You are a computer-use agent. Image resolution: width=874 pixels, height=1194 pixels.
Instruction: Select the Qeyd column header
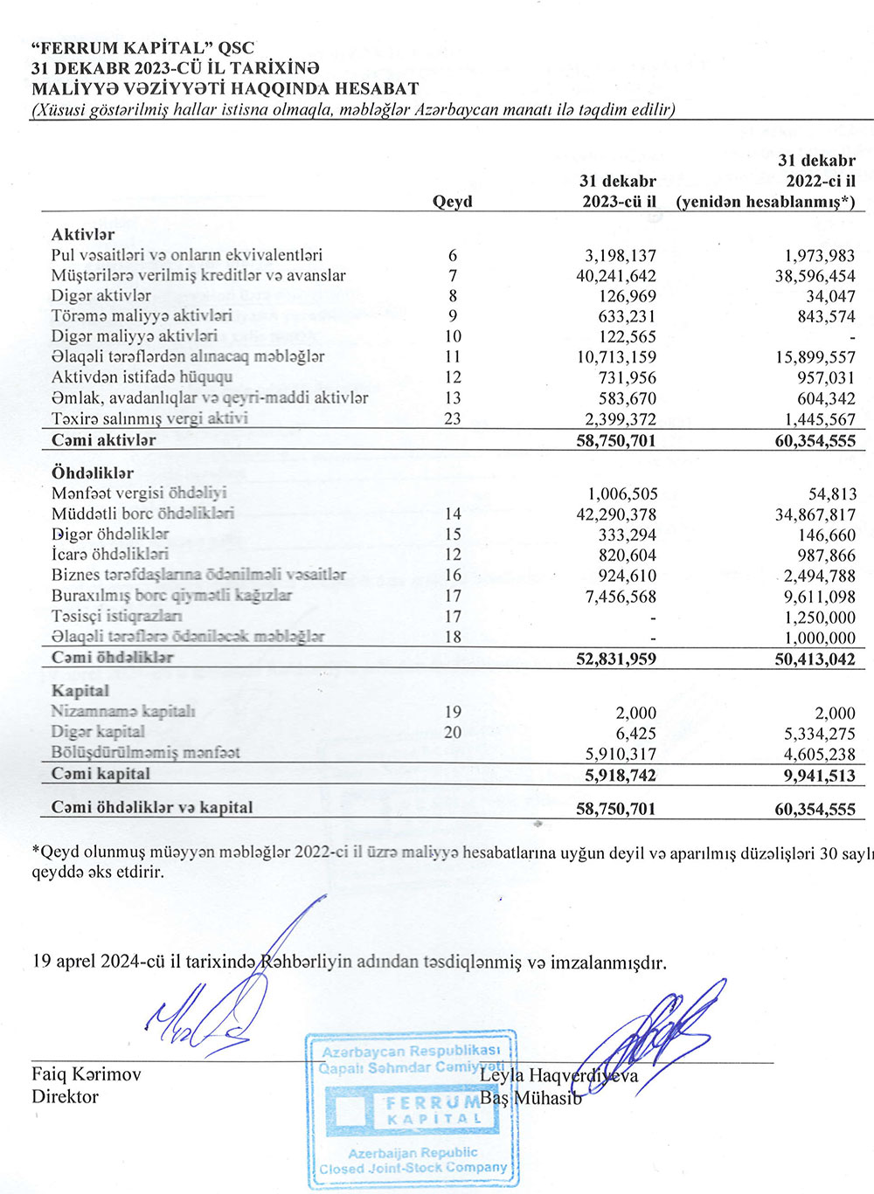tap(452, 202)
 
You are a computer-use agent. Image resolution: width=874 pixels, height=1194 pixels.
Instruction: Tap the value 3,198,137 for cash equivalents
tap(620, 256)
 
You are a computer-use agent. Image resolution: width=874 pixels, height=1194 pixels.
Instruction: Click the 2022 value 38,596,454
tap(815, 276)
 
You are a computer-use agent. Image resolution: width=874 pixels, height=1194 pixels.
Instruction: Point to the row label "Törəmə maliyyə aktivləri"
tap(142, 316)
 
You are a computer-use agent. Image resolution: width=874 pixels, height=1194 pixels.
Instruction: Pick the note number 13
tap(453, 398)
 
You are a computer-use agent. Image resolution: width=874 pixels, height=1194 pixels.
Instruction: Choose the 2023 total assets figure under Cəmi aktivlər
tap(615, 441)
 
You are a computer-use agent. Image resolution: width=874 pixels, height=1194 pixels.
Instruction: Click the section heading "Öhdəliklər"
tap(93, 473)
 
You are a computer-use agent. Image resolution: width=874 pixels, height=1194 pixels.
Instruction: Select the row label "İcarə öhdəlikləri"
tap(110, 555)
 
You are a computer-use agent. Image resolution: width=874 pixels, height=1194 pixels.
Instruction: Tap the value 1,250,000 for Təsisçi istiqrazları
tap(820, 618)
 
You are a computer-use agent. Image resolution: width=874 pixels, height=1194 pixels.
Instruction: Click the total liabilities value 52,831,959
tap(615, 659)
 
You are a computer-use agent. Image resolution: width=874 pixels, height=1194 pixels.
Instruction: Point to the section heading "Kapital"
tap(80, 691)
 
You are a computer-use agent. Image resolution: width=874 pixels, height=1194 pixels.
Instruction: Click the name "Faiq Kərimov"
tap(86, 1074)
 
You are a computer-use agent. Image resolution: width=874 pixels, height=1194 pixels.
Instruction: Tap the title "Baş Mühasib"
tap(531, 1098)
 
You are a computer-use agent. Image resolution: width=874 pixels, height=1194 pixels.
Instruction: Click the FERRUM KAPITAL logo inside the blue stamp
tap(411, 1109)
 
